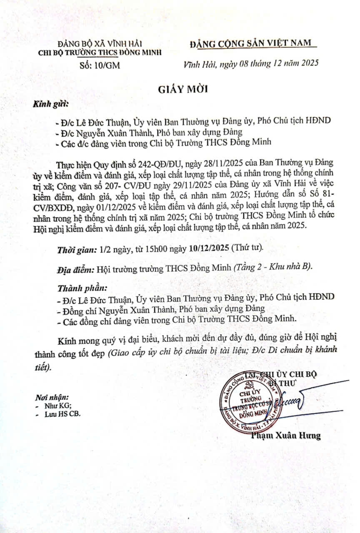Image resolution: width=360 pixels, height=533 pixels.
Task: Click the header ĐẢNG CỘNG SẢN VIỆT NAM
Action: (252, 43)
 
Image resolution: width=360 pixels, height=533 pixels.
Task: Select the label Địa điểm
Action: (75, 269)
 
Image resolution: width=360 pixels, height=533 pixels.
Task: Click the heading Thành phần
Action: (82, 288)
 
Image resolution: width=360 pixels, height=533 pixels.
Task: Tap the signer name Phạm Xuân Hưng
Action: (286, 436)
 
